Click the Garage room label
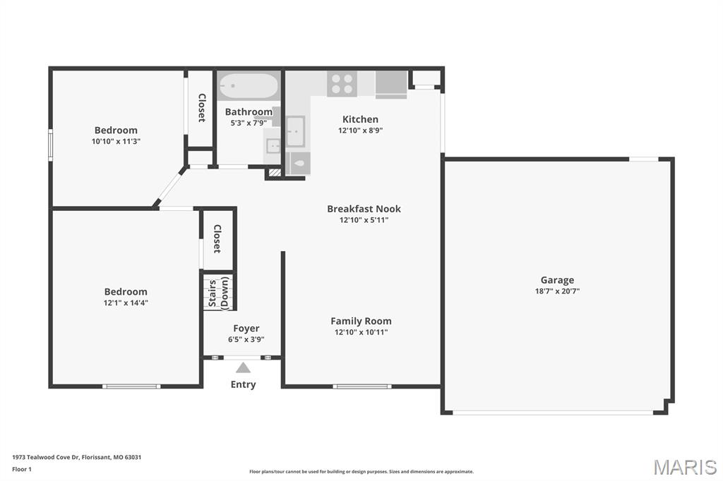pyautogui.click(x=557, y=280)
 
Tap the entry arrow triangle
pyautogui.click(x=243, y=367)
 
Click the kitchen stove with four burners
pyautogui.click(x=342, y=84)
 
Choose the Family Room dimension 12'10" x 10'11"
pyautogui.click(x=361, y=332)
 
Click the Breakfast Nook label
pyautogui.click(x=364, y=209)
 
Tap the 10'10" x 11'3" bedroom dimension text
pyautogui.click(x=116, y=141)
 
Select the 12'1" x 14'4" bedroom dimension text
pyautogui.click(x=126, y=303)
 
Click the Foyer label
pyautogui.click(x=246, y=328)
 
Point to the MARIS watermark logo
pyautogui.click(x=684, y=467)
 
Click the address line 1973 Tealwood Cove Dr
pyautogui.click(x=76, y=457)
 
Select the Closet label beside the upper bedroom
pyautogui.click(x=201, y=108)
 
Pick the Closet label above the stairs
pyautogui.click(x=217, y=239)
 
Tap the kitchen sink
pyautogui.click(x=295, y=130)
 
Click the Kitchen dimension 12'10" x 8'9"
pyautogui.click(x=360, y=130)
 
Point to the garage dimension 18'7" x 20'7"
pyautogui.click(x=557, y=291)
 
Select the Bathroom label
pyautogui.click(x=249, y=112)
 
